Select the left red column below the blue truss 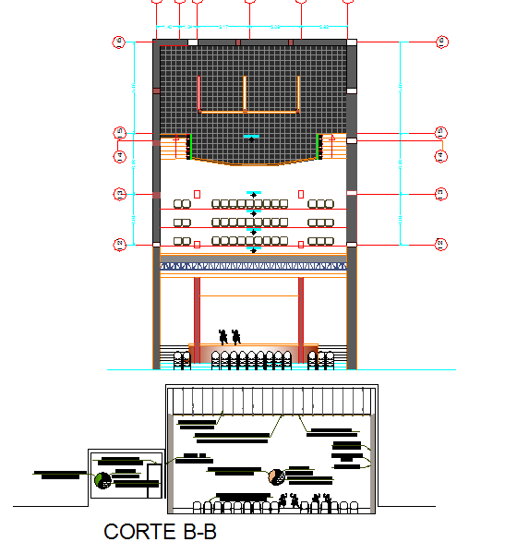coord(197,309)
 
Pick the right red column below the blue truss coord(301,309)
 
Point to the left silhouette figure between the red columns coord(222,336)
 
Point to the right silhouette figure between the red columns coord(237,336)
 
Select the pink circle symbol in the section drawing coord(275,476)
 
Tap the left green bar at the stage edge coord(189,147)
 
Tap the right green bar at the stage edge coord(319,147)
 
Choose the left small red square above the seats coord(198,193)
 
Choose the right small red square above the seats coord(301,193)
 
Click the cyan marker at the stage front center coord(250,137)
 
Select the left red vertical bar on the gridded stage coord(199,93)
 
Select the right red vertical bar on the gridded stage coord(300,93)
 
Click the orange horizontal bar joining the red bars coord(249,112)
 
